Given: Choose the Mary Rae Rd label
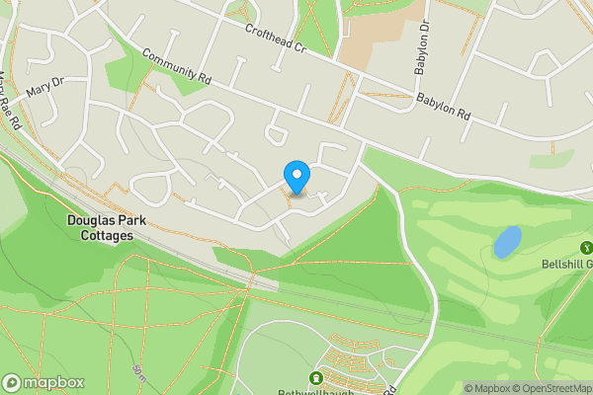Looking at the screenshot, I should click(x=10, y=90).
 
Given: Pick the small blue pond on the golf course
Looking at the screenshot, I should click(x=507, y=242).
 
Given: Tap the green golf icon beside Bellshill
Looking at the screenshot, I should click(x=586, y=248).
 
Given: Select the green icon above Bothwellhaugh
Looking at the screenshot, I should click(x=317, y=378).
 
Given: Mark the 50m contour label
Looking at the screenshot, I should click(x=137, y=372).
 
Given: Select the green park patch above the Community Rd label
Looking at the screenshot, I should click(x=128, y=67).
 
